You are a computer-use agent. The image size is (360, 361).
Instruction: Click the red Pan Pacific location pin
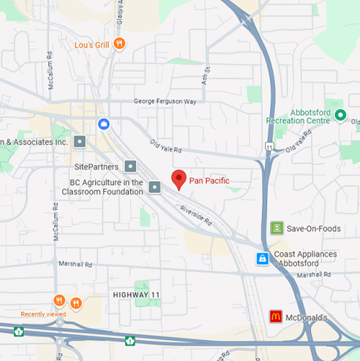[179, 179]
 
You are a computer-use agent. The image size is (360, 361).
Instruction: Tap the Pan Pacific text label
[209, 181]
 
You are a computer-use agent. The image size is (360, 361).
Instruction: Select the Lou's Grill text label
[92, 45]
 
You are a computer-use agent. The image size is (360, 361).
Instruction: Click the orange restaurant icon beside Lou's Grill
[120, 44]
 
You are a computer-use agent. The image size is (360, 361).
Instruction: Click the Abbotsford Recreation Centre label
[297, 116]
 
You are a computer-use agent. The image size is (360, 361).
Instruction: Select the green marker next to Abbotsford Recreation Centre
[340, 115]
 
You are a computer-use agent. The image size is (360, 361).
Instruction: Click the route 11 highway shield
[269, 146]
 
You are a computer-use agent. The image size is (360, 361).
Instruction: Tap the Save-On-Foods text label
[314, 229]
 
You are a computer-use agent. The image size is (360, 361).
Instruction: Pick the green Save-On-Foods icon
[277, 228]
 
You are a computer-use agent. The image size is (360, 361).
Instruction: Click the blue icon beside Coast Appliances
[262, 259]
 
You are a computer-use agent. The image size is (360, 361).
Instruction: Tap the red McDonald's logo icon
[276, 317]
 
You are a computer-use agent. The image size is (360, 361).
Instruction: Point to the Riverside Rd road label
[195, 213]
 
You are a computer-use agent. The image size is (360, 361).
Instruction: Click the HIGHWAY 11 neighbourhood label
[136, 295]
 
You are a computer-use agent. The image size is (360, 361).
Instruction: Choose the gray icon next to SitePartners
[131, 167]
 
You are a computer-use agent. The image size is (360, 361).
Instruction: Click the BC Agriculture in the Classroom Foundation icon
[154, 186]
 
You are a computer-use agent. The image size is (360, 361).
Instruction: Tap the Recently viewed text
[43, 314]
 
